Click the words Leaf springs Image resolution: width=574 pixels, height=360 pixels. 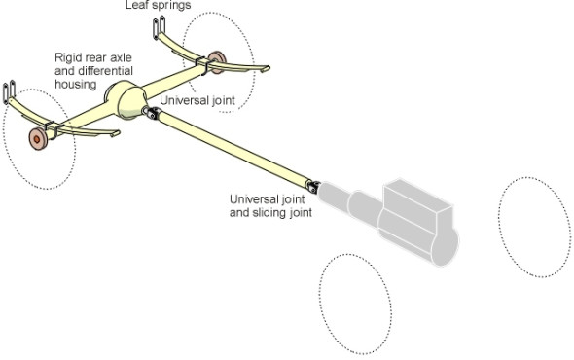[x=159, y=5]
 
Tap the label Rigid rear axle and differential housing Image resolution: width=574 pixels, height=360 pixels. [x=93, y=71]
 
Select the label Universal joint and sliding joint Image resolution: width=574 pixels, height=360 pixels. [x=270, y=205]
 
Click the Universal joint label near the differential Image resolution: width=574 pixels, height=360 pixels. [x=197, y=100]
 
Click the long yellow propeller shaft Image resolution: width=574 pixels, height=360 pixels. [x=233, y=148]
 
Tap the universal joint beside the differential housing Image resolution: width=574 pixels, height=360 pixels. [x=152, y=112]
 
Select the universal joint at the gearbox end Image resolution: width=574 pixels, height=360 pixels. [x=313, y=187]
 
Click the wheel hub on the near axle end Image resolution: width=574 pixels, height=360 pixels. [x=38, y=139]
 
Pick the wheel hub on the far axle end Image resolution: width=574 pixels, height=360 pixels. [x=217, y=61]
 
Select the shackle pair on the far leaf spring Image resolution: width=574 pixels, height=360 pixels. [x=160, y=27]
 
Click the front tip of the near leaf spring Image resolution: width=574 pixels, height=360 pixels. [x=116, y=133]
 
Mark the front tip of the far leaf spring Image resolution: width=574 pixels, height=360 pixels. [x=266, y=68]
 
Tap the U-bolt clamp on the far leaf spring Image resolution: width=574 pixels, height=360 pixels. [x=202, y=65]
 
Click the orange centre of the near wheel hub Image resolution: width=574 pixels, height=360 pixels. [x=36, y=139]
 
